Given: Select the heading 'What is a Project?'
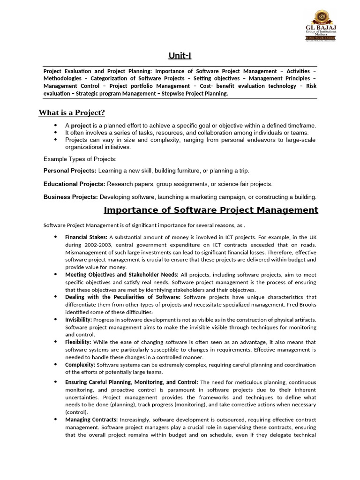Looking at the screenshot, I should coord(71,112).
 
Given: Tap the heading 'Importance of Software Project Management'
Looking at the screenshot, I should coord(210,210).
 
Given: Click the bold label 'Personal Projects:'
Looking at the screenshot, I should coord(70,171).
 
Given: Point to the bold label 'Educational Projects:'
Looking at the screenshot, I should coord(75,184).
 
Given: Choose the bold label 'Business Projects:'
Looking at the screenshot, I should coord(71,197).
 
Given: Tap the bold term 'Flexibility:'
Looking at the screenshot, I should coord(78,342).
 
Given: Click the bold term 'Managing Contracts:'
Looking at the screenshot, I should coord(91,420).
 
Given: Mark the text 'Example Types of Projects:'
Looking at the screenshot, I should coord(80,159).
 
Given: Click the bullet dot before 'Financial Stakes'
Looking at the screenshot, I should coord(56,237).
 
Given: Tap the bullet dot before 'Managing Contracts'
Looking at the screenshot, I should coord(56,419).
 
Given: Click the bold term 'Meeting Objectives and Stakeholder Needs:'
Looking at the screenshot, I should coord(121,274).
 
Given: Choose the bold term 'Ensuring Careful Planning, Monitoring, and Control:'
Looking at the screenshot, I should coord(132,382).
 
